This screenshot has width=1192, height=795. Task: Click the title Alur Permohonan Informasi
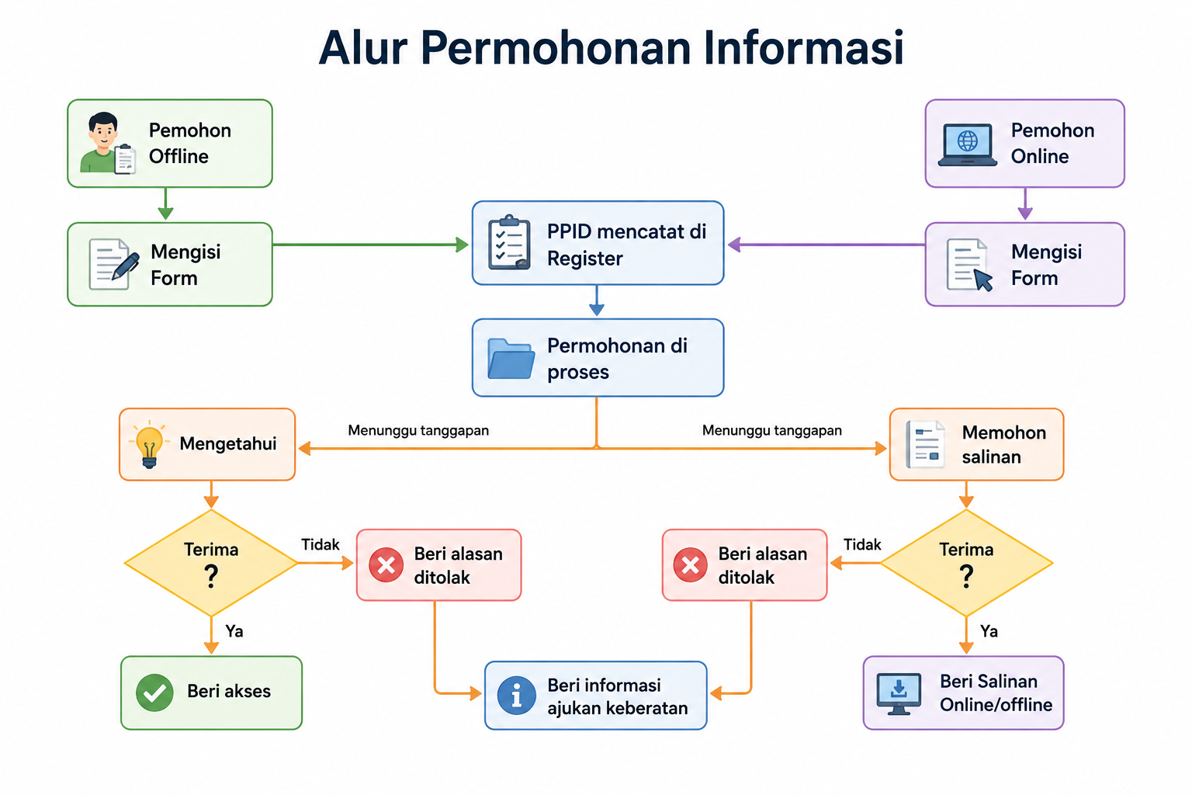pyautogui.click(x=611, y=48)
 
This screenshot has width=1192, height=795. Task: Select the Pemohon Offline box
pyautogui.click(x=170, y=143)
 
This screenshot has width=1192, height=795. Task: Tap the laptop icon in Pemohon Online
pyautogui.click(x=968, y=145)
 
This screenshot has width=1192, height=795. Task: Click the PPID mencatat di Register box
pyautogui.click(x=598, y=243)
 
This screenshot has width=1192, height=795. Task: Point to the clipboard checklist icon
pyautogui.click(x=509, y=243)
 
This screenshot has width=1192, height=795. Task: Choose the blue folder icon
pyautogui.click(x=511, y=359)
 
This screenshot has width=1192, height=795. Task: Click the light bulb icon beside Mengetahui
pyautogui.click(x=149, y=444)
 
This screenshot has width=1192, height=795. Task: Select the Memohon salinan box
pyautogui.click(x=976, y=444)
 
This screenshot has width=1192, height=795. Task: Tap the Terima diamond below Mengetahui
pyautogui.click(x=211, y=563)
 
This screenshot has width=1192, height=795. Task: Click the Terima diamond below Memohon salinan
pyautogui.click(x=966, y=563)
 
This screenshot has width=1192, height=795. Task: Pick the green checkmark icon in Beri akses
pyautogui.click(x=154, y=693)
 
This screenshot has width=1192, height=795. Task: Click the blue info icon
pyautogui.click(x=516, y=695)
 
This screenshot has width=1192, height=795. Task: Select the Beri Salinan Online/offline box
pyautogui.click(x=963, y=693)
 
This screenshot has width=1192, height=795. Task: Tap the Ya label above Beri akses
pyautogui.click(x=234, y=631)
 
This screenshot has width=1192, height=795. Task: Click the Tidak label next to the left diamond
pyautogui.click(x=321, y=544)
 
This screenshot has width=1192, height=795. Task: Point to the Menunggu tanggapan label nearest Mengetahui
pyautogui.click(x=418, y=430)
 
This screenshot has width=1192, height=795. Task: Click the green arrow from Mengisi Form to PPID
pyautogui.click(x=370, y=245)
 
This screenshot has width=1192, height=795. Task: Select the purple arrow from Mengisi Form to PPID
pyautogui.click(x=826, y=245)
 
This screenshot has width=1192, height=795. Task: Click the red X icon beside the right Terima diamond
pyautogui.click(x=690, y=564)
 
